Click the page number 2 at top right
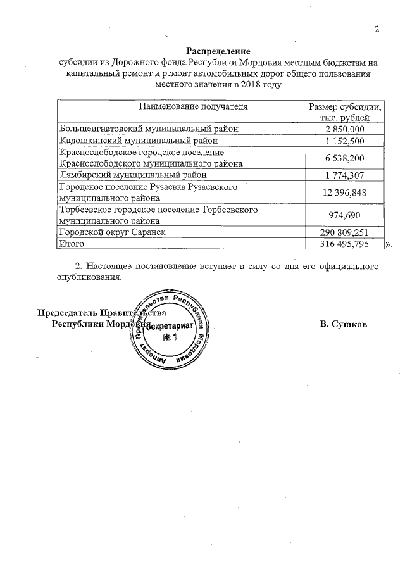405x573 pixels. pos(377,29)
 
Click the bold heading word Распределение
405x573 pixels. pos(218,51)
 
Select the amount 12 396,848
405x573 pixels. pos(345,193)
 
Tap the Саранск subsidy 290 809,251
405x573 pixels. pos(345,232)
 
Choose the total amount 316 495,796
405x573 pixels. pos(345,244)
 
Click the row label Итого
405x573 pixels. pos(71,244)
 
